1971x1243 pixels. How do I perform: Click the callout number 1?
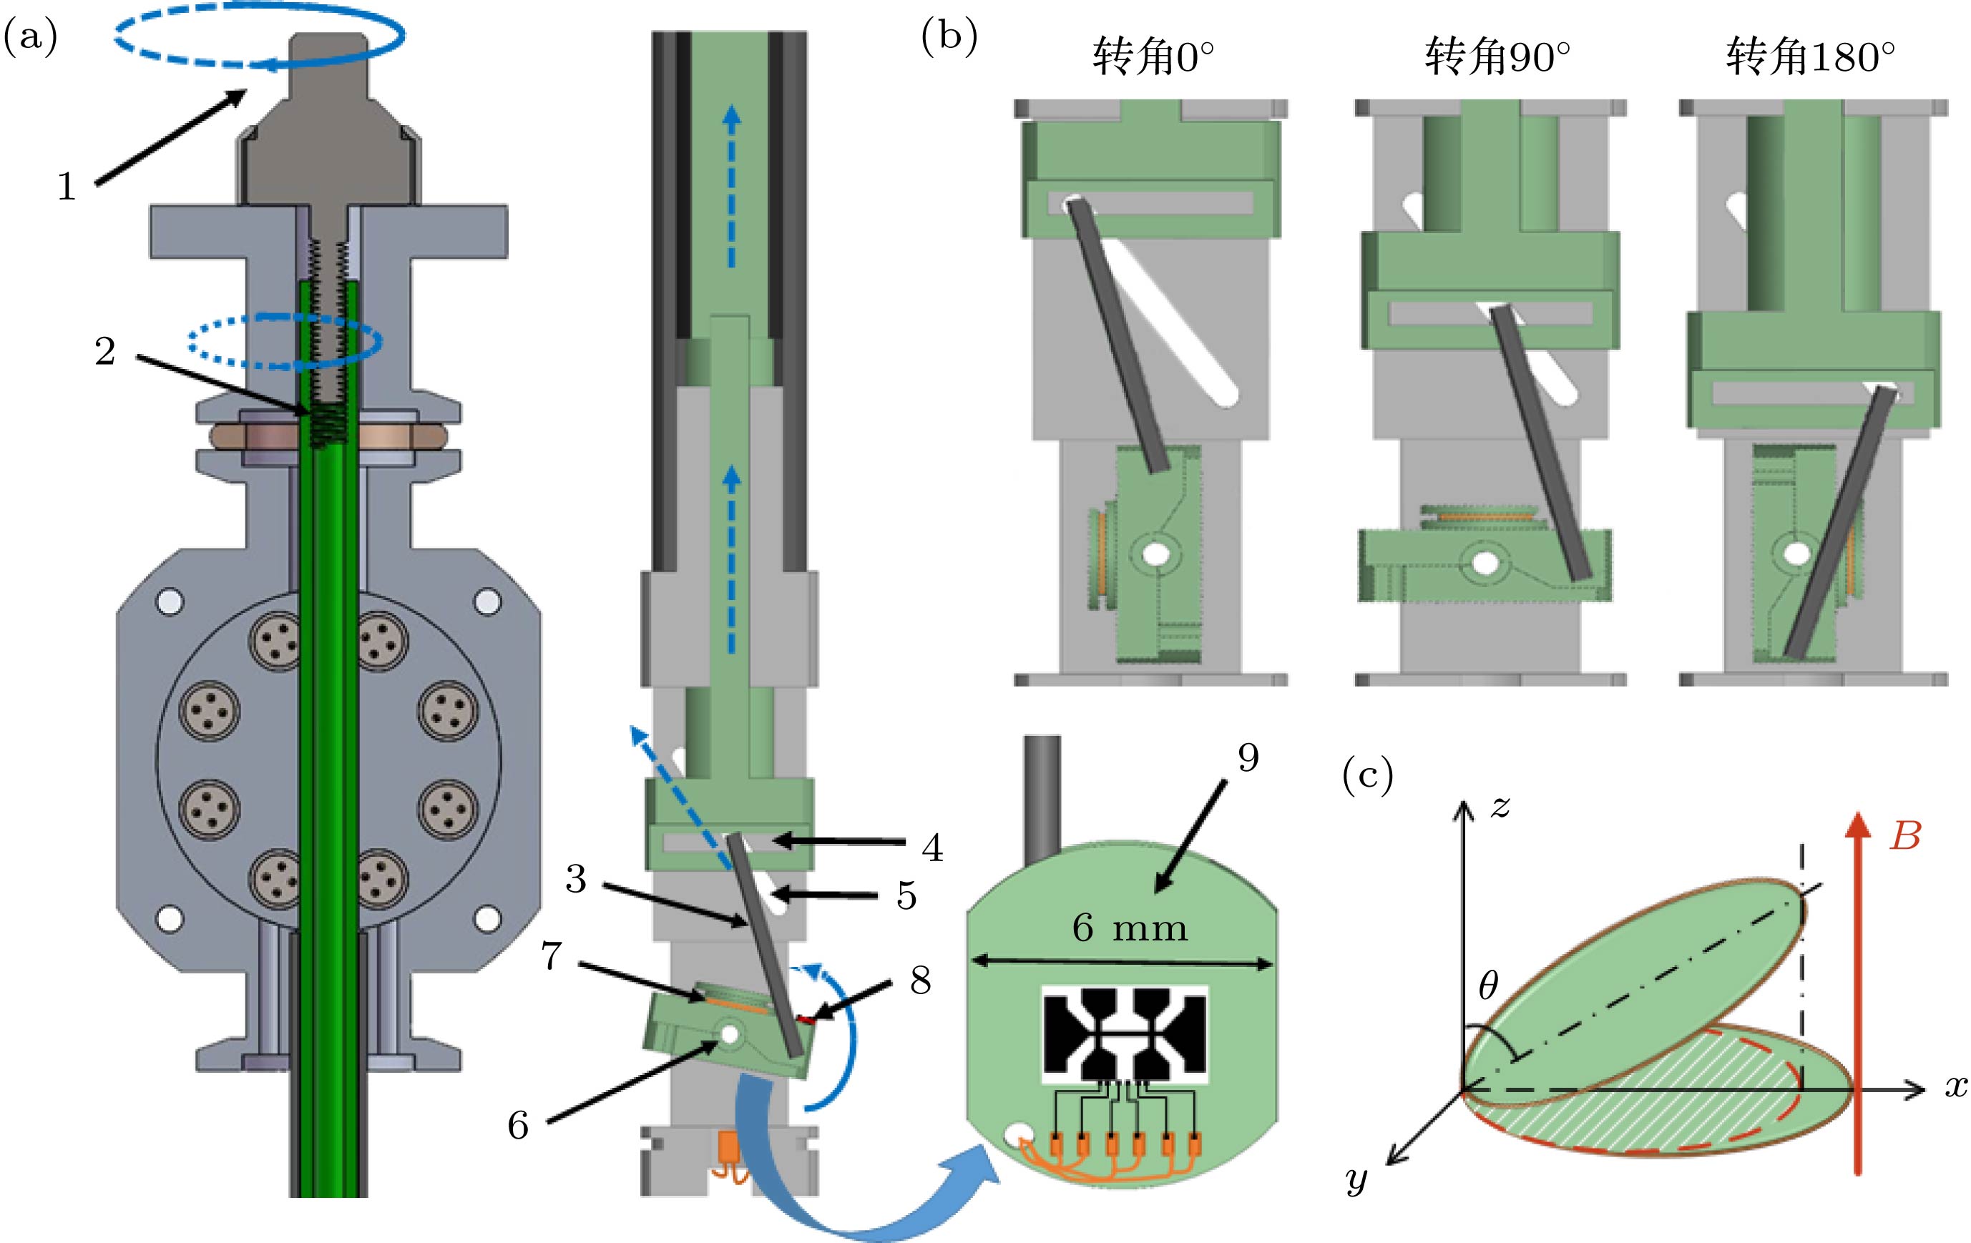coord(67,187)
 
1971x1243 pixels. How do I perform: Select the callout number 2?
coord(104,352)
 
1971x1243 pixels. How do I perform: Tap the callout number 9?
coord(1248,758)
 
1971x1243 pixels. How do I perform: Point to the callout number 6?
coord(518,1126)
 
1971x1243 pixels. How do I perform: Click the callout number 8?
coord(921,980)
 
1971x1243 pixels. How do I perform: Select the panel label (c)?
coord(1368,776)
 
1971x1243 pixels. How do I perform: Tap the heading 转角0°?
coord(1153,57)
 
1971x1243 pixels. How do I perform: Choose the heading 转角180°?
coord(1810,57)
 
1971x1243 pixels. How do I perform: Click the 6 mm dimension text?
coord(1130,928)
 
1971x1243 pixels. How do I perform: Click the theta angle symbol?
coord(1488,987)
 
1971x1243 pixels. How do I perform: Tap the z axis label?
coord(1500,807)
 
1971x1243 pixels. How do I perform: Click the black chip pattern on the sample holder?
coord(1124,1035)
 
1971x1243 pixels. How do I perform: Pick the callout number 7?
coord(552,955)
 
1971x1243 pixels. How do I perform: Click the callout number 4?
coord(932,847)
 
